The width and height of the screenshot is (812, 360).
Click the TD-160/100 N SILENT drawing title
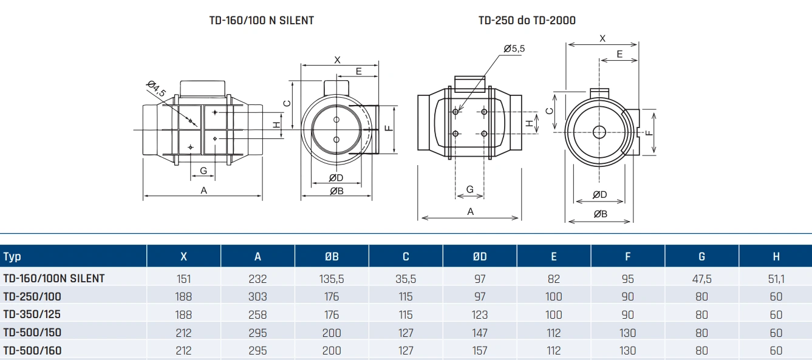click(x=261, y=20)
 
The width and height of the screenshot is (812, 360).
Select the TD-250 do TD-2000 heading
click(x=527, y=20)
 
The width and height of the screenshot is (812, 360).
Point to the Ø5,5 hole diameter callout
click(x=514, y=49)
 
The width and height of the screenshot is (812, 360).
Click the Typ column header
click(x=12, y=256)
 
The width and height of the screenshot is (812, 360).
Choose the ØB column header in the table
click(x=332, y=256)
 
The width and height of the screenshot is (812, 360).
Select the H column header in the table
click(x=776, y=256)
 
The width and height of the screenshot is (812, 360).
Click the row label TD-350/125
click(x=32, y=314)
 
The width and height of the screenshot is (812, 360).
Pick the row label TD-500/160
click(x=32, y=350)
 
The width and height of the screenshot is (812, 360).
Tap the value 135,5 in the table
click(x=332, y=279)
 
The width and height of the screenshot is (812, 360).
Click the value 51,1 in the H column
click(x=776, y=279)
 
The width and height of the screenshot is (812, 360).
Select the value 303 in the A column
click(x=258, y=297)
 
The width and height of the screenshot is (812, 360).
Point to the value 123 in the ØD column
click(x=480, y=314)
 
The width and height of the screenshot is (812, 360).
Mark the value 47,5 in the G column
click(x=701, y=279)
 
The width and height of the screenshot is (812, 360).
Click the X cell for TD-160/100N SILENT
click(x=183, y=279)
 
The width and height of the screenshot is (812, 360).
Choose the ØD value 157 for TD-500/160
click(x=480, y=350)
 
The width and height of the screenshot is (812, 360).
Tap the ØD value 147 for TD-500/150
click(x=480, y=333)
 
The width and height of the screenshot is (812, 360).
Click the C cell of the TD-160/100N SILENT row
click(x=406, y=279)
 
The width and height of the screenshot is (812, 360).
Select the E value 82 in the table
click(x=554, y=279)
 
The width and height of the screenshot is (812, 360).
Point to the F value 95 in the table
click(x=628, y=279)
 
